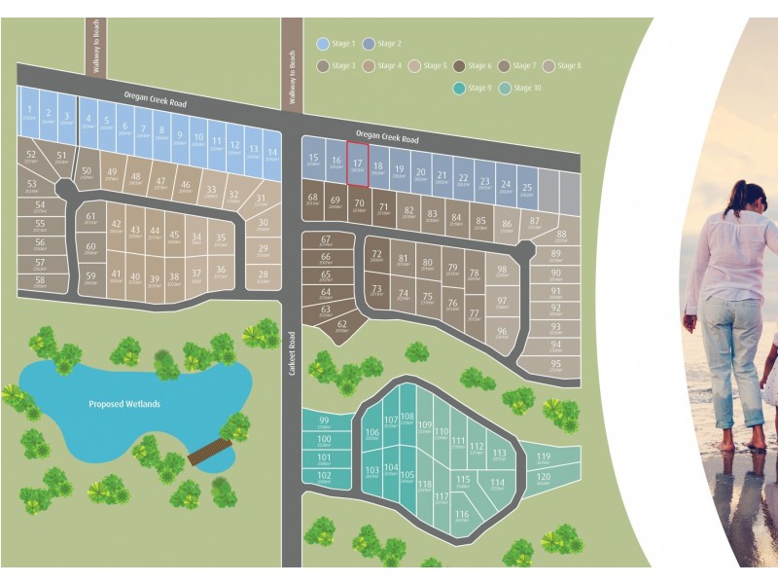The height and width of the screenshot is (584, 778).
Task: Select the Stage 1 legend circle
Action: [323, 44]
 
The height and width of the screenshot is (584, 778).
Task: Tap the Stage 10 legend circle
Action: [504, 89]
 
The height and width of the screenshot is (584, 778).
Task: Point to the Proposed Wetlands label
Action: [124, 404]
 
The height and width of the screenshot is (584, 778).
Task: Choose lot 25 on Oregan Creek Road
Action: [526, 190]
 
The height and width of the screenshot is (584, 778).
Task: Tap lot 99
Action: [324, 421]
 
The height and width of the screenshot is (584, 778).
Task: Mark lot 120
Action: [544, 478]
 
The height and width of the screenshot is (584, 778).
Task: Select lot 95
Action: [555, 366]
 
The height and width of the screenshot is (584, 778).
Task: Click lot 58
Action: [40, 282]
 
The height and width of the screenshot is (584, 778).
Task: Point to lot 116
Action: [462, 516]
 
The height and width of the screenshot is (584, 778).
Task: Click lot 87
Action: [535, 223]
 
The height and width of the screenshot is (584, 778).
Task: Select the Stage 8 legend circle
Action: [548, 66]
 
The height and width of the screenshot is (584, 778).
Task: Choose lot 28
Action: [263, 276]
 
